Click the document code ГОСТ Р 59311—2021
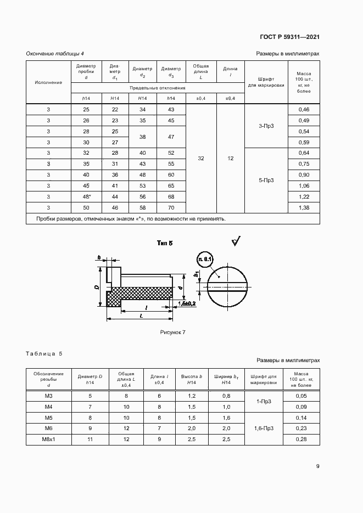tap(289, 37)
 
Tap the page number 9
tap(317, 466)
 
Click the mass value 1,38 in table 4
tap(304, 207)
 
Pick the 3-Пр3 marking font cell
tap(266, 126)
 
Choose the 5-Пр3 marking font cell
tap(266, 179)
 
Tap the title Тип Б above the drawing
tap(165, 243)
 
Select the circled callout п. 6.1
tap(205, 259)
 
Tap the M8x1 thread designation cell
tap(48, 439)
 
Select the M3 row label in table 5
tap(48, 396)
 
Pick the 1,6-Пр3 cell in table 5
tap(266, 428)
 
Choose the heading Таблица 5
tap(44, 353)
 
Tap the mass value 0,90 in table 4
tap(304, 174)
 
